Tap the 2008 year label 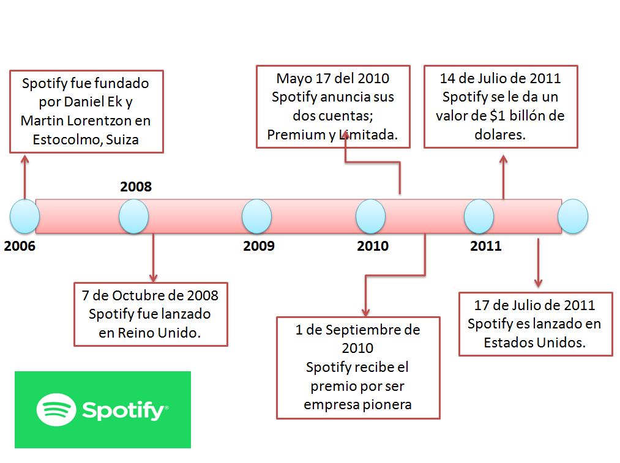point(136,187)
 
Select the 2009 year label point(259,246)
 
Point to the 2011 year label point(486,246)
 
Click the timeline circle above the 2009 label point(256,217)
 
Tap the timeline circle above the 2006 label point(25,217)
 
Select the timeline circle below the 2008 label point(133,217)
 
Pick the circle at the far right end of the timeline point(573,217)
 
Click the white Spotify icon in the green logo point(56,409)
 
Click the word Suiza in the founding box point(122,139)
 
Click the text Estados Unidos point(535,343)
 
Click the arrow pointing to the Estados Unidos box point(538,263)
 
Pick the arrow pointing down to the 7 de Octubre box point(153,257)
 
